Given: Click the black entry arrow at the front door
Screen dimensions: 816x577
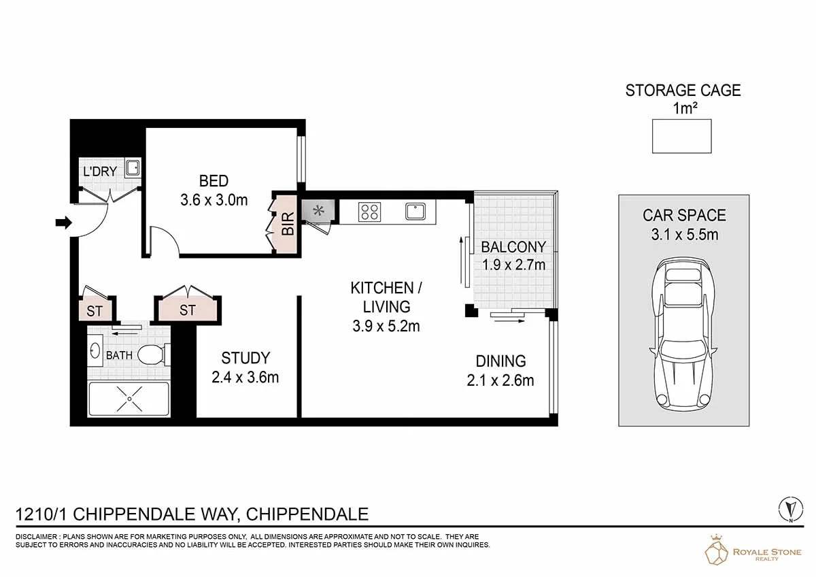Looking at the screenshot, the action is [x=64, y=222].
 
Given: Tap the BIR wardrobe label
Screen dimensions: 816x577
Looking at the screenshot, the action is [x=288, y=224].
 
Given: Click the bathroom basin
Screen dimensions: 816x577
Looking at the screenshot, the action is [x=95, y=351].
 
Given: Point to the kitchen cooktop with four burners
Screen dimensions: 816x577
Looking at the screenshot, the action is [x=369, y=212].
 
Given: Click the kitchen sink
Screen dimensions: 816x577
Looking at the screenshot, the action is [x=415, y=212].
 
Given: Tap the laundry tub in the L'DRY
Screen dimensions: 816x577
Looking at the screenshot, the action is [x=132, y=168].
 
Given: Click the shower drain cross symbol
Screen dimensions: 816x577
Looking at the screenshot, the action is [x=129, y=399].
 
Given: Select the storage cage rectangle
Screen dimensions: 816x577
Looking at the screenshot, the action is [x=681, y=136].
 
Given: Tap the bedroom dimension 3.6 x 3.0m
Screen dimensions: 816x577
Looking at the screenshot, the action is [x=214, y=200].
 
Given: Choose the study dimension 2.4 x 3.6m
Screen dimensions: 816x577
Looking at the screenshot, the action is [x=245, y=377].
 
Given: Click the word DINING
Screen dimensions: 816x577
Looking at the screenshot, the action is [x=500, y=361].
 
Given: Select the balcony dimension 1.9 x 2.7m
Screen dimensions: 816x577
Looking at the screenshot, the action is [x=513, y=265].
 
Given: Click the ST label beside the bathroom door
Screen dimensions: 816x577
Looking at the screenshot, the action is [x=95, y=311].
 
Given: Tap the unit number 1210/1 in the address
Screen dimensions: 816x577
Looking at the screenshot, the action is [x=41, y=514].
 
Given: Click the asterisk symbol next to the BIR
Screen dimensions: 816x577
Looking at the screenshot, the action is [x=319, y=210].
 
